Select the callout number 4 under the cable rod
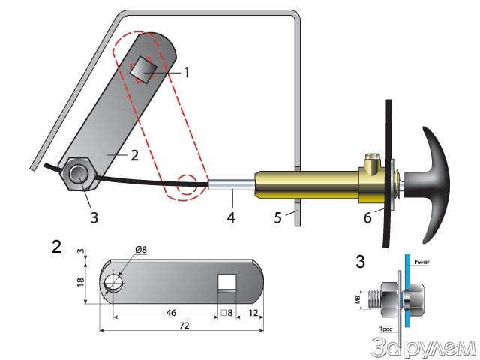[232, 218]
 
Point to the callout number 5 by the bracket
[277, 220]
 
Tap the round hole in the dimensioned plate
[115, 281]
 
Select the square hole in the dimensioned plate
[227, 283]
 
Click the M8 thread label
[357, 299]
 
